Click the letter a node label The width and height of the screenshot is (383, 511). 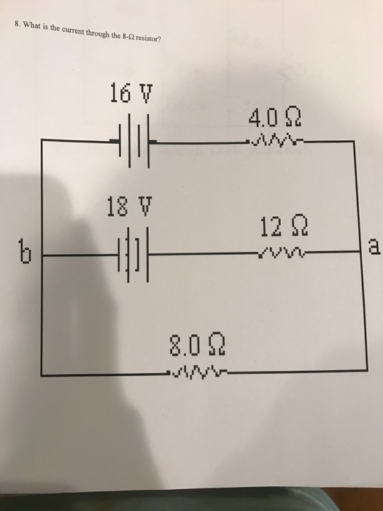(x=372, y=250)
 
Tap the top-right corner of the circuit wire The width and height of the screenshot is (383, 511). (x=355, y=142)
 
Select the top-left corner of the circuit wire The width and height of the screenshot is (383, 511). (x=42, y=142)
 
